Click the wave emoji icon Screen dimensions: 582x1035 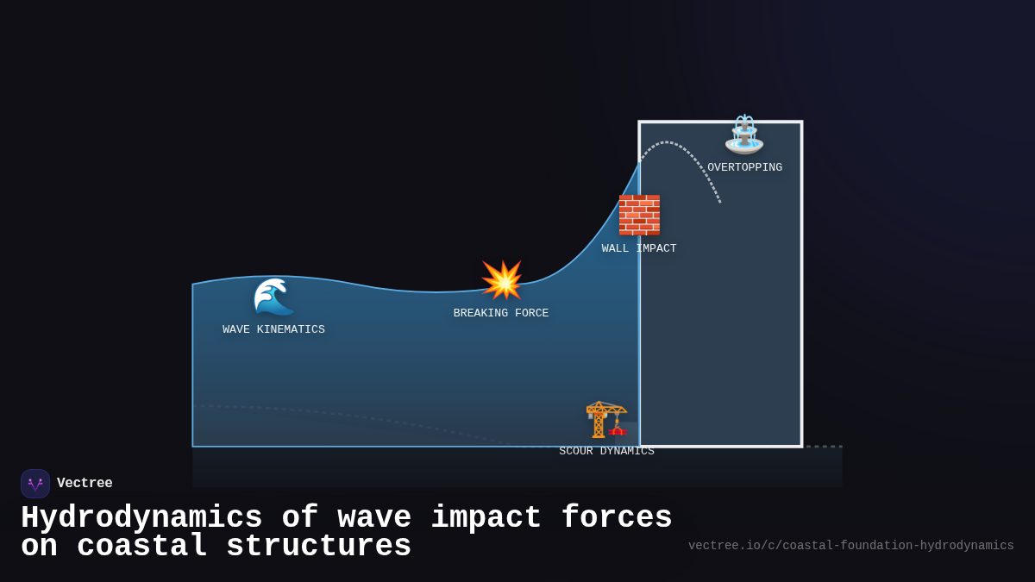coord(273,297)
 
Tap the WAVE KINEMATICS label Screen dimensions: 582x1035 coord(273,329)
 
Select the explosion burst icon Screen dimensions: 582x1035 coord(502,280)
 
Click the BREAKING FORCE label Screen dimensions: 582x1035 coord(501,313)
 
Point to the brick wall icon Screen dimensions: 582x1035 coord(639,215)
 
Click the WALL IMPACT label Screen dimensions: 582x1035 coord(639,248)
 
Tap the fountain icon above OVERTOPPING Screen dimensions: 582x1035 coord(744,135)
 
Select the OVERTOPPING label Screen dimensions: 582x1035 coord(744,167)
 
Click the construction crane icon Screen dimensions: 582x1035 coord(606,419)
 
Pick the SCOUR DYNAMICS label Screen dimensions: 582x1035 coord(606,451)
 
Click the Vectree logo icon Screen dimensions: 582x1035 coord(35,484)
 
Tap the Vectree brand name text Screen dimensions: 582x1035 coord(85,484)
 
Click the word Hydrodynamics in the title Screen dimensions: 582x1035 coord(141,518)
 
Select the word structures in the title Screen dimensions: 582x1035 coord(319,547)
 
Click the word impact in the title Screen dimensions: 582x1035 coord(486,518)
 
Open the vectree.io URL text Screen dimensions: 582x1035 coord(850,546)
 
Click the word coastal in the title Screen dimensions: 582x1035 coord(141,547)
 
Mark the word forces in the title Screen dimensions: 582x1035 coord(616,518)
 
